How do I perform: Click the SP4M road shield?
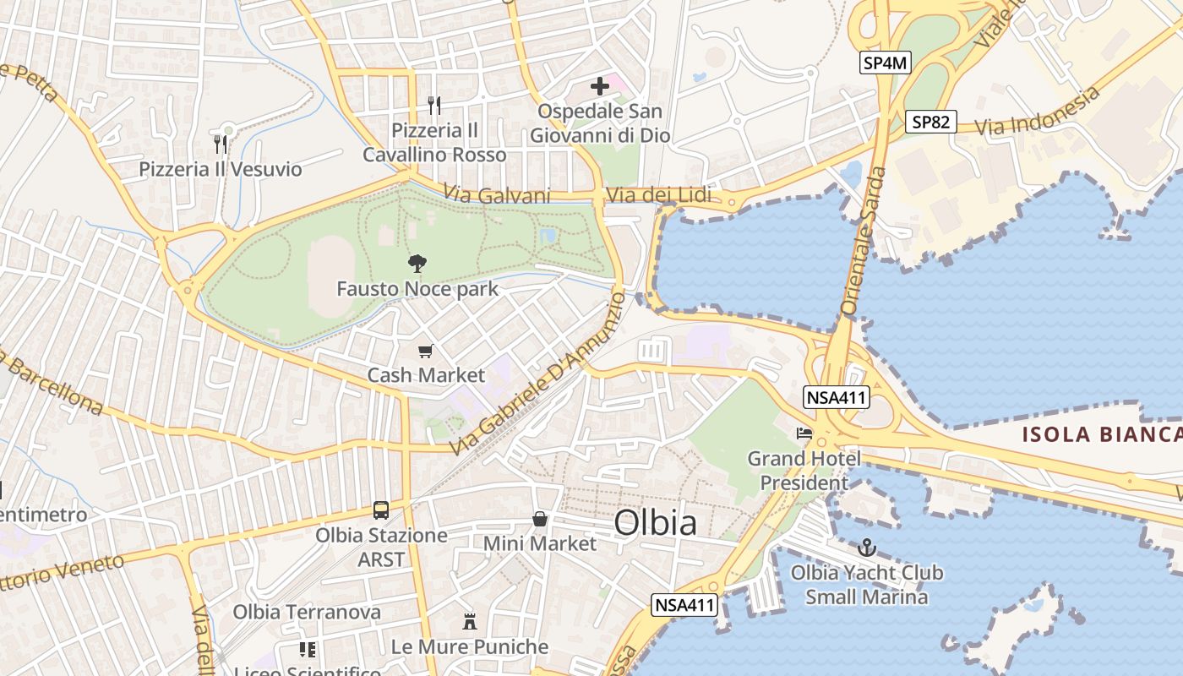click(x=886, y=62)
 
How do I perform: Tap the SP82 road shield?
click(x=930, y=122)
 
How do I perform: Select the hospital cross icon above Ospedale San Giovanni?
click(x=599, y=86)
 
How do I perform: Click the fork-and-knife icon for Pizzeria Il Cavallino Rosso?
click(x=434, y=106)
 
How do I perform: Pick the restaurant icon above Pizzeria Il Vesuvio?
click(x=221, y=144)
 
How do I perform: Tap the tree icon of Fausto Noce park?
click(x=417, y=264)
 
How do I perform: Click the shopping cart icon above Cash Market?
click(x=426, y=351)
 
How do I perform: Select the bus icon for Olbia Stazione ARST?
click(x=381, y=510)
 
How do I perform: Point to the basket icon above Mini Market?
click(x=539, y=519)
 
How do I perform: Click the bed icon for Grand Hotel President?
click(x=804, y=433)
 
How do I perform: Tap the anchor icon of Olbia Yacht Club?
click(x=866, y=548)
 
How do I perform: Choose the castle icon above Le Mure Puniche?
click(x=470, y=623)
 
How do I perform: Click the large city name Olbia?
click(x=656, y=523)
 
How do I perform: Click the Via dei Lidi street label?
click(x=658, y=196)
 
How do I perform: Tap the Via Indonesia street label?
click(x=1039, y=112)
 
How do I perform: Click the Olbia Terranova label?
click(x=307, y=612)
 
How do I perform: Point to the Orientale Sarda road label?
click(x=864, y=242)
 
